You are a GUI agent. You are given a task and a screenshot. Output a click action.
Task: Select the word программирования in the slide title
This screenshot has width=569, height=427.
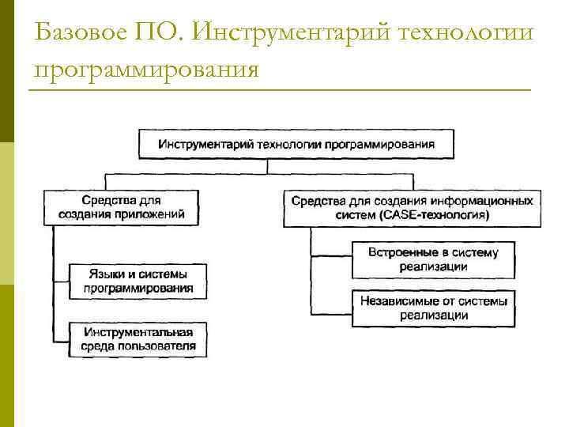[x=147, y=70]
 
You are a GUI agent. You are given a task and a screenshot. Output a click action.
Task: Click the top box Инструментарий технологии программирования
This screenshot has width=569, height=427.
[x=296, y=145]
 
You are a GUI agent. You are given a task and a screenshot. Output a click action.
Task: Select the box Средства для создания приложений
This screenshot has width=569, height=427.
[x=121, y=207]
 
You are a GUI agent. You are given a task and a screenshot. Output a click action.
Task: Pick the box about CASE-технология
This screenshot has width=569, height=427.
[x=412, y=207]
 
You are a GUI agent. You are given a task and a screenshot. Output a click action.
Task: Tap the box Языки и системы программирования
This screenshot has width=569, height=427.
[x=138, y=280]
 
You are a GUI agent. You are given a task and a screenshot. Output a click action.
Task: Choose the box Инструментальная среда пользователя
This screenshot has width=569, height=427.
[x=138, y=338]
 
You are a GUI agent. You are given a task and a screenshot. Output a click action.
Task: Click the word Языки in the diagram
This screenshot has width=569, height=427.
[x=104, y=273]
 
